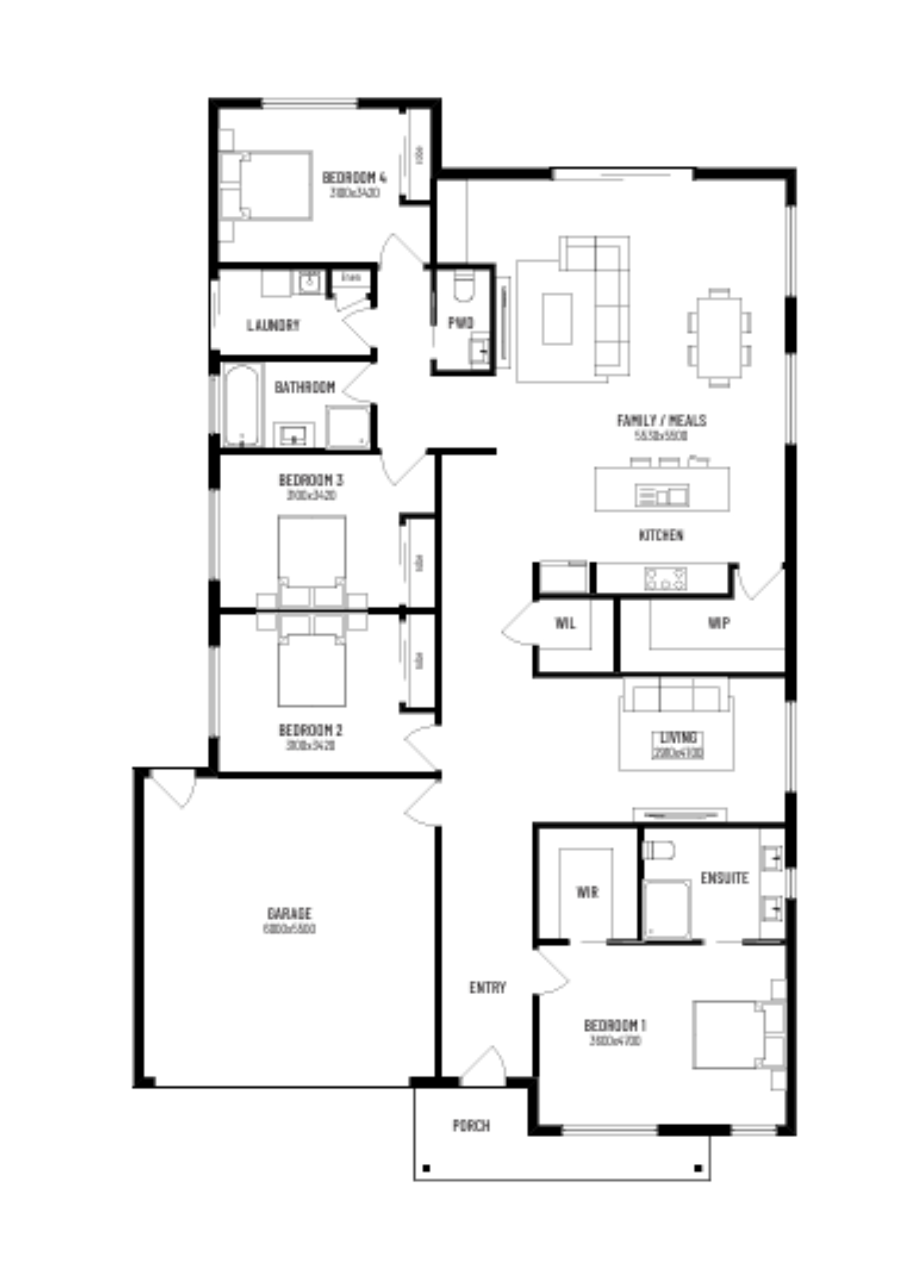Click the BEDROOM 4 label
[x=354, y=178]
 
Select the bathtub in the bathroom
[x=242, y=405]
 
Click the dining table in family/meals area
[x=719, y=337]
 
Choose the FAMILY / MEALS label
[x=662, y=420]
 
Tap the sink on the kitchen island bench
[x=662, y=495]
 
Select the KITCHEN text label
[x=661, y=535]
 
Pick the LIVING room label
[x=678, y=737]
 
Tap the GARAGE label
[x=289, y=913]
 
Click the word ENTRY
[x=488, y=987]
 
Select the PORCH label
[x=471, y=1126]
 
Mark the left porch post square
[x=426, y=1169]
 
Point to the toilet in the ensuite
[x=658, y=850]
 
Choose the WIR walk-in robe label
[x=587, y=892]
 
